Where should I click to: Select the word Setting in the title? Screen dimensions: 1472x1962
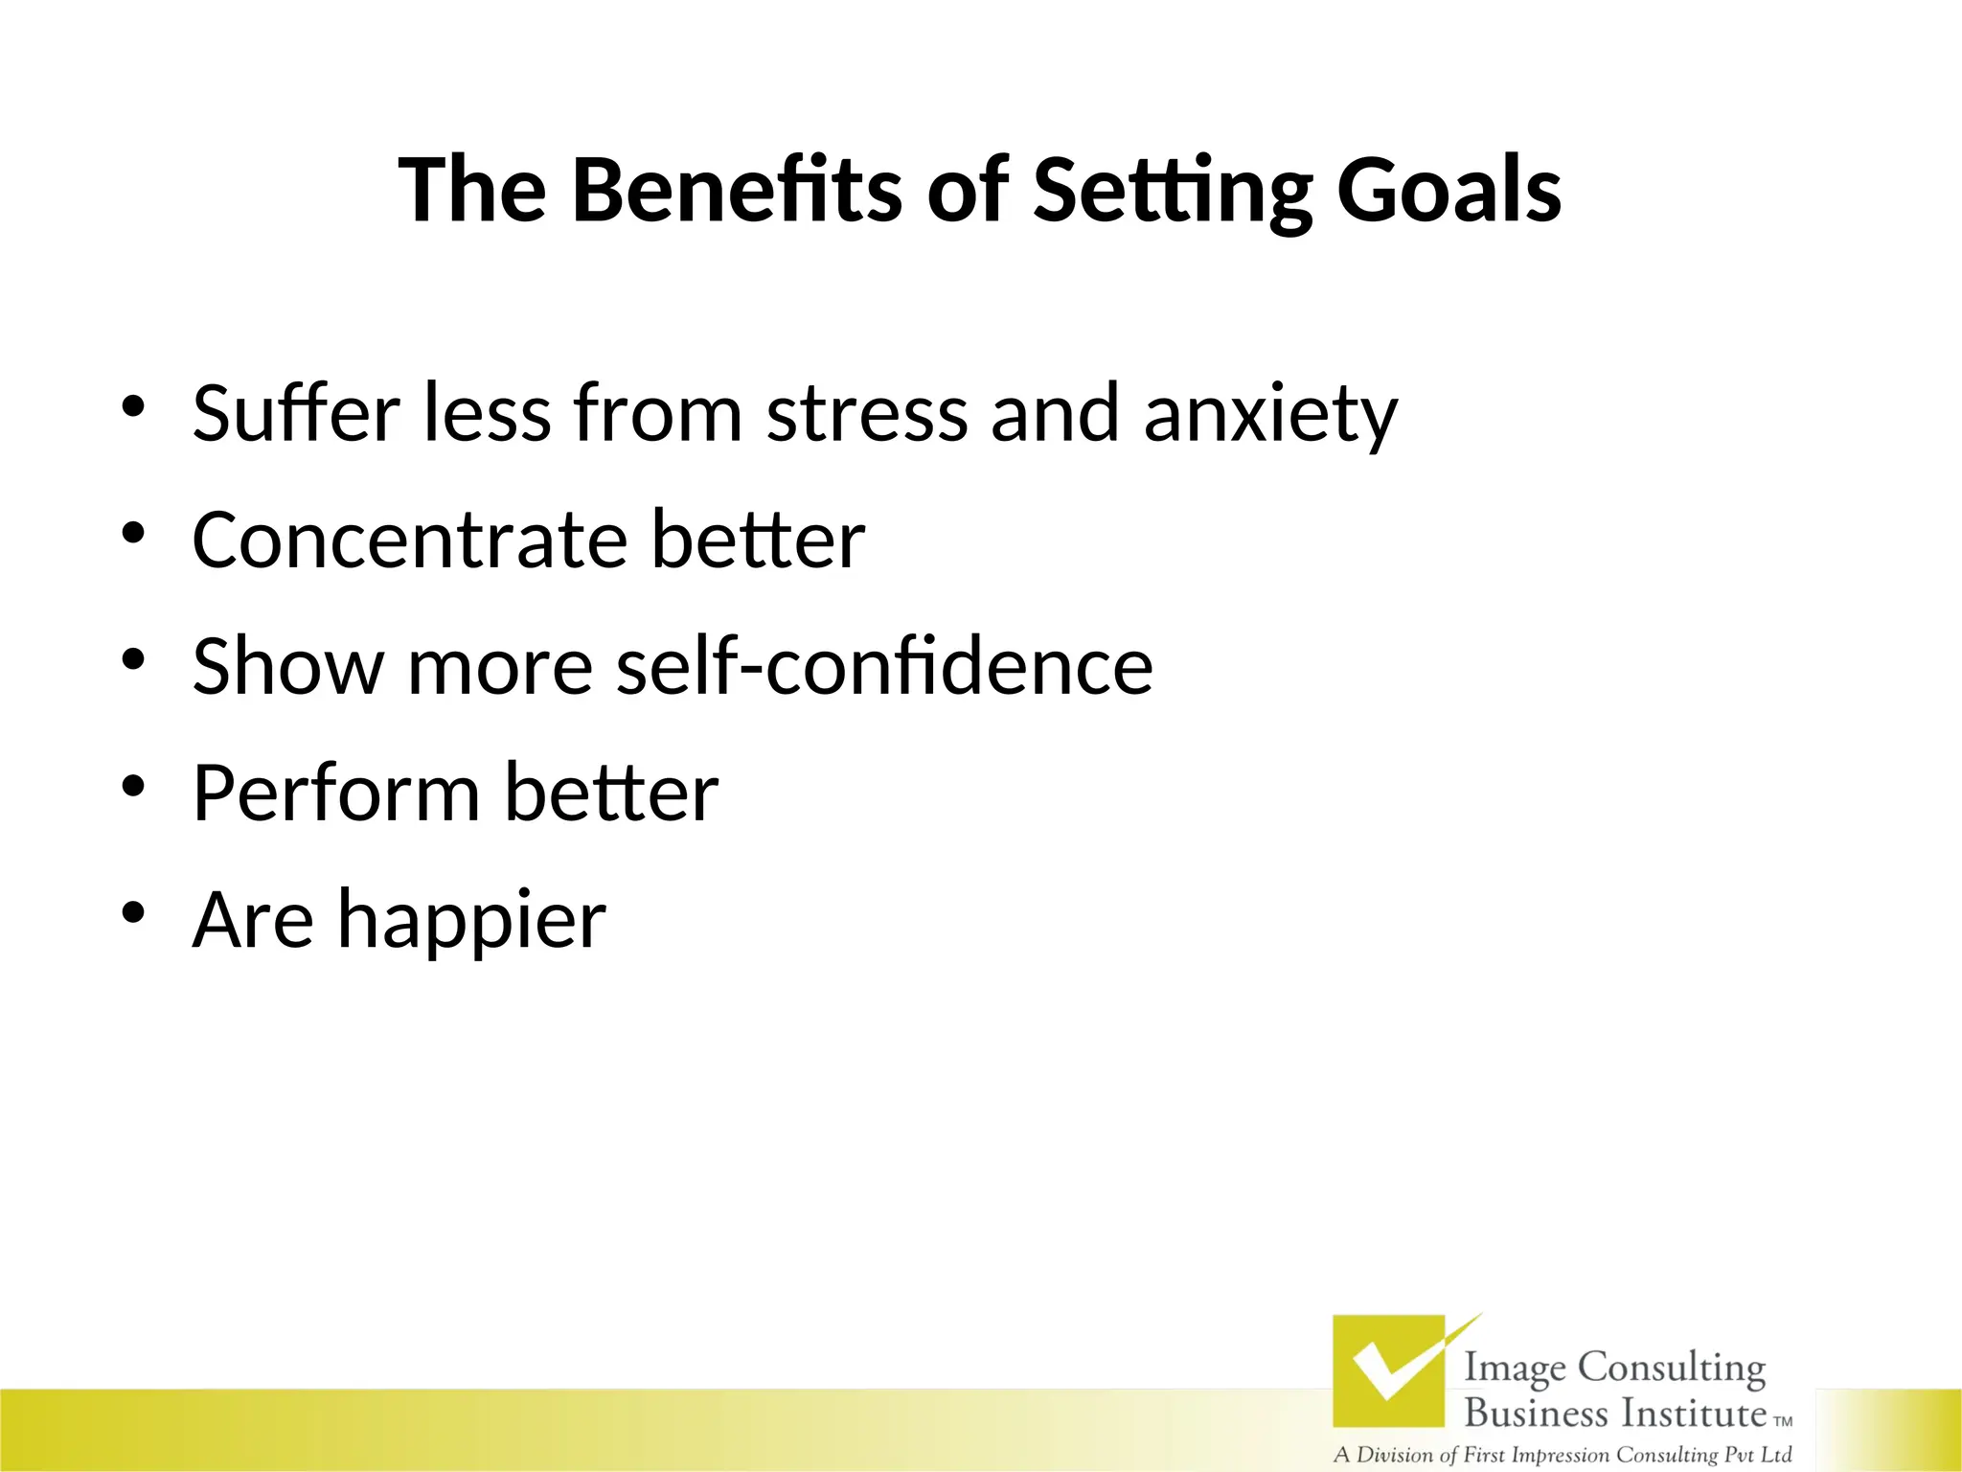1173,192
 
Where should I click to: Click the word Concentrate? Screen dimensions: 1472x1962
409,540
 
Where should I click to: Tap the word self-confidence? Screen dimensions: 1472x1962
883,665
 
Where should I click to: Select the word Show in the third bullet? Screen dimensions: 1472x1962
287,665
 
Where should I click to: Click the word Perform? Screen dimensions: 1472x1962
335,793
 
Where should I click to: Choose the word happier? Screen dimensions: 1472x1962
471,921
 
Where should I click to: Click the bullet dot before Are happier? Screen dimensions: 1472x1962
133,912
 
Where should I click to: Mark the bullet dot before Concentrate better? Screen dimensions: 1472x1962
133,533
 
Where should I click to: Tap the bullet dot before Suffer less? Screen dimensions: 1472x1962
133,406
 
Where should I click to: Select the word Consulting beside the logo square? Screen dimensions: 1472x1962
1671,1368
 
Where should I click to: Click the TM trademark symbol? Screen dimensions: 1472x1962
1783,1421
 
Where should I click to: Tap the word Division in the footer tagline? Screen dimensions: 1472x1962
1395,1455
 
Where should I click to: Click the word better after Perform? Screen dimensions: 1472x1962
611,793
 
